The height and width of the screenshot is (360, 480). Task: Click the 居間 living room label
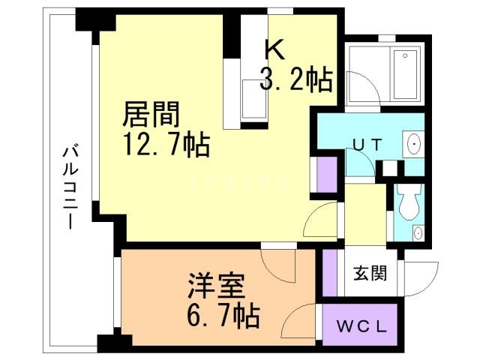point(151,116)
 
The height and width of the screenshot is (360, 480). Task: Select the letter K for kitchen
point(274,49)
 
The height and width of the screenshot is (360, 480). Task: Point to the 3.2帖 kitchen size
point(296,78)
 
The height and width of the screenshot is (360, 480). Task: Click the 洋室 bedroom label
point(213,288)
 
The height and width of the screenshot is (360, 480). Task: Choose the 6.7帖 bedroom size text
point(221,316)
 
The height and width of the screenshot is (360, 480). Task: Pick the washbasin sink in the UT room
point(413,143)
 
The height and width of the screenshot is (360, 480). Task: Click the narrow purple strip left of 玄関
point(328,273)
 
